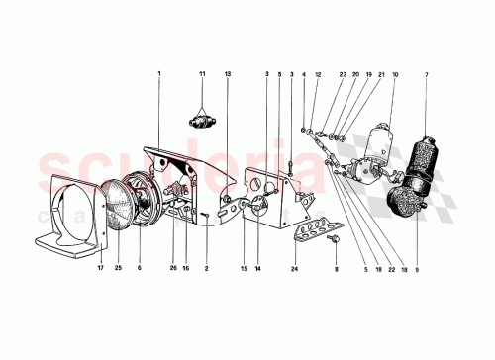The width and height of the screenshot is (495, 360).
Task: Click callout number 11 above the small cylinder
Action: pyautogui.click(x=202, y=74)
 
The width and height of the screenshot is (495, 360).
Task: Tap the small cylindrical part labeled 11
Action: pyautogui.click(x=202, y=124)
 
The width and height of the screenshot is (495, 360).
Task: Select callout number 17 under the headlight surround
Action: pyautogui.click(x=100, y=267)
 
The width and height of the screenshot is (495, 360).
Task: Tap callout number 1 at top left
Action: pyautogui.click(x=157, y=74)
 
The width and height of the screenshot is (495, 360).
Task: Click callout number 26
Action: pyautogui.click(x=173, y=267)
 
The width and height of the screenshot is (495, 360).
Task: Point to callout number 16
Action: pyautogui.click(x=185, y=267)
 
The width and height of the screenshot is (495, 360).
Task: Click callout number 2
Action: pyautogui.click(x=206, y=267)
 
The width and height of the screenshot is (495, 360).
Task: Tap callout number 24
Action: pyautogui.click(x=294, y=267)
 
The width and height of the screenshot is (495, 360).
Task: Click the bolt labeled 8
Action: pyautogui.click(x=335, y=240)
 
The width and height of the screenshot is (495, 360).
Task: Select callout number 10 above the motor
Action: pyautogui.click(x=395, y=74)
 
